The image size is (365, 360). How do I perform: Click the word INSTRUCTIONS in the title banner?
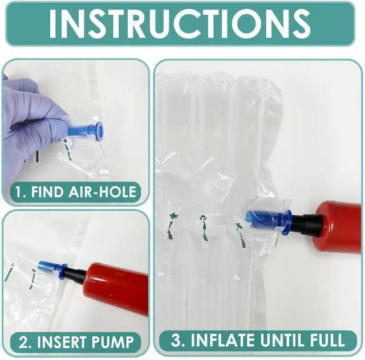pyautogui.click(x=180, y=23)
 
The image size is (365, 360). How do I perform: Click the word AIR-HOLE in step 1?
pyautogui.click(x=103, y=192)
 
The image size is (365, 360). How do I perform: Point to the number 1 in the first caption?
pyautogui.click(x=19, y=192)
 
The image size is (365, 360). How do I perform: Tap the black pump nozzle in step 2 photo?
pyautogui.click(x=75, y=275)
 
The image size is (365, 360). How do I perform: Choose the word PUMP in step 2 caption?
pyautogui.click(x=113, y=342)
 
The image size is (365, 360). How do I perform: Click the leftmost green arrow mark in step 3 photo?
pyautogui.click(x=172, y=226)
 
